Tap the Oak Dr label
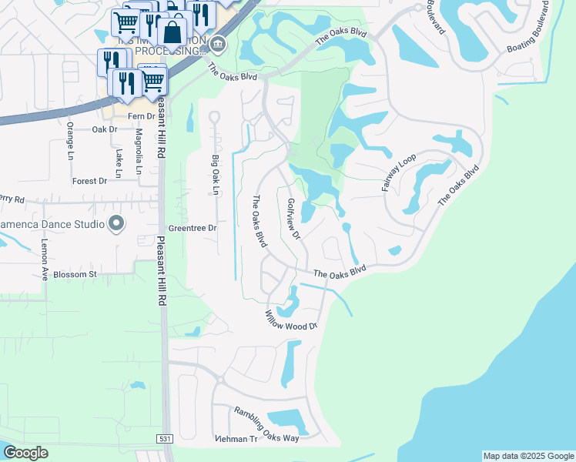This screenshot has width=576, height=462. tap(104, 129)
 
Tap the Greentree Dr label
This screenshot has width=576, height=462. tap(193, 229)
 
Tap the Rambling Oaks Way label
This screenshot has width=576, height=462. tap(266, 424)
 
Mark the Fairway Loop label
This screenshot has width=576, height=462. tap(398, 172)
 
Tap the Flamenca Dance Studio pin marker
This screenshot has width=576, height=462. tap(116, 224)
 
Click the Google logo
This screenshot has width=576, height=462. tap(25, 453)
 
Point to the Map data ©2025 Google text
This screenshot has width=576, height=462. tap(527, 456)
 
